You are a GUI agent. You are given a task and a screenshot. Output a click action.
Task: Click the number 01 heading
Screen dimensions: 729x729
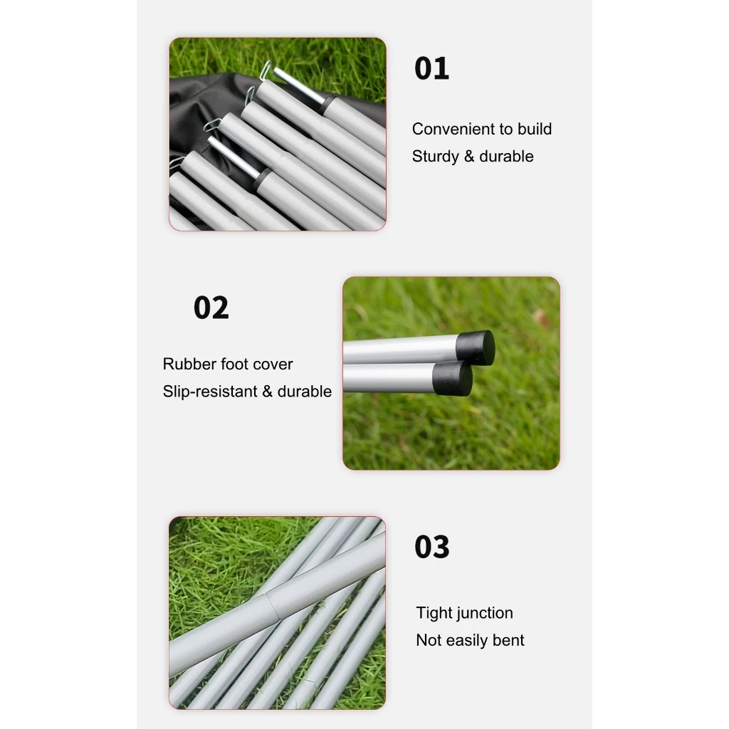click(x=431, y=69)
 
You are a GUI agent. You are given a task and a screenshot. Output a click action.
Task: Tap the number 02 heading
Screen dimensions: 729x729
click(x=211, y=308)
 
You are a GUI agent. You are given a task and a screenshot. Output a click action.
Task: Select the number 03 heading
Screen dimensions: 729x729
click(x=432, y=547)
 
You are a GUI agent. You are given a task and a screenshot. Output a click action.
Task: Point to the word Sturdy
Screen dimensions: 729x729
click(x=436, y=157)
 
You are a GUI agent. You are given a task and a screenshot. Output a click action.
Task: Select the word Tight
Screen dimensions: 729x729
click(x=434, y=613)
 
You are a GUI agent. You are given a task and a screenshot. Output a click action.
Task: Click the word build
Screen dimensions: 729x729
click(x=535, y=129)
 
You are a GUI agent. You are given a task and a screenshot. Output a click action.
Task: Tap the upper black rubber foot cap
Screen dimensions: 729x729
click(x=475, y=347)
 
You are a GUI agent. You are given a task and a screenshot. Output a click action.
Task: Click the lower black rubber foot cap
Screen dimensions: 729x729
click(x=452, y=378)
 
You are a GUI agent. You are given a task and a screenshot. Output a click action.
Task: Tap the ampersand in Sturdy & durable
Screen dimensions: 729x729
click(x=469, y=157)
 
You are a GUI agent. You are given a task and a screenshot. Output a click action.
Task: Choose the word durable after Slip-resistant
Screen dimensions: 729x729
click(x=305, y=392)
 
